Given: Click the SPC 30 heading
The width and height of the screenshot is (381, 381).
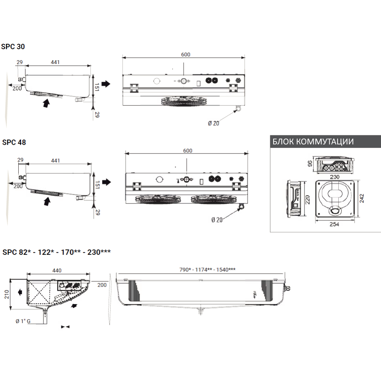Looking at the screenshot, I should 14,47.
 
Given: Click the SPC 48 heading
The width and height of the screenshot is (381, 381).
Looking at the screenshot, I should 14,142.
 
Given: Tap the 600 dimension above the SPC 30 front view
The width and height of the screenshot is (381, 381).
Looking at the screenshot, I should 186,55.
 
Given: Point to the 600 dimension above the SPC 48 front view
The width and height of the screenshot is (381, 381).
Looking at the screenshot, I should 187,150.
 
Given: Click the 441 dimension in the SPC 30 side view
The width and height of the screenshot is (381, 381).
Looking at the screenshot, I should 55,62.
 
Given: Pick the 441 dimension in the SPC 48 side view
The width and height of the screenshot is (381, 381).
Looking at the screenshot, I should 55,160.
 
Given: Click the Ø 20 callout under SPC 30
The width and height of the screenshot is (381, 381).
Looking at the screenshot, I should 213,123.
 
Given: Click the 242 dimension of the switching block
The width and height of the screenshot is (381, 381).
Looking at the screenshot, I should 363,198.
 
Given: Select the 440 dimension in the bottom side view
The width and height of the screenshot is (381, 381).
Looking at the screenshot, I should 56,271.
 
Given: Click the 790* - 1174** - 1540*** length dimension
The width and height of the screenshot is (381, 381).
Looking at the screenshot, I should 207,270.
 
